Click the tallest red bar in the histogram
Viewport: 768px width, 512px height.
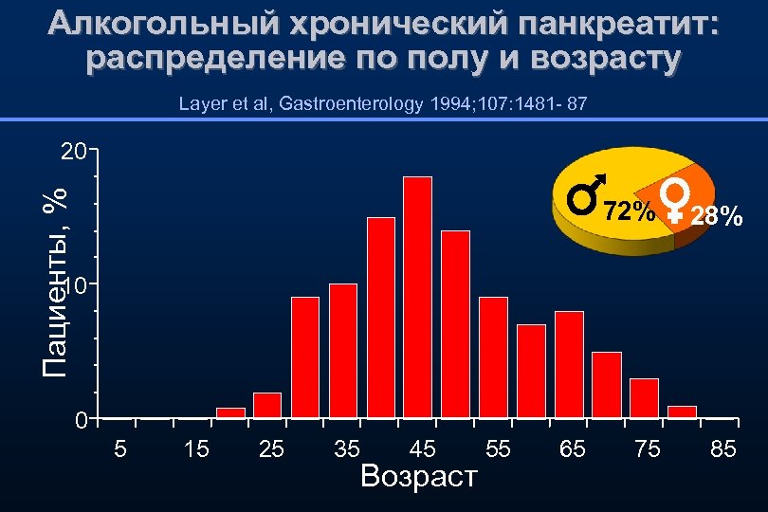(417, 297)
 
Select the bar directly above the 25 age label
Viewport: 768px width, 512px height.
(267, 405)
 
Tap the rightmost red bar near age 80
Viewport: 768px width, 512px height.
(682, 411)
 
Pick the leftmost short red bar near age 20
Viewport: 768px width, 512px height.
(230, 412)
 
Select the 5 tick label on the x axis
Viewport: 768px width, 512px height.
(120, 449)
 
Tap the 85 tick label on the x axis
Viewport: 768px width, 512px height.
(722, 449)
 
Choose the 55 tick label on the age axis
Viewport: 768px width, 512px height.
(497, 449)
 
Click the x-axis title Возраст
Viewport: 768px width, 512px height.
(419, 476)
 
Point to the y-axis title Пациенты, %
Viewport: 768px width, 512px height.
(56, 281)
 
